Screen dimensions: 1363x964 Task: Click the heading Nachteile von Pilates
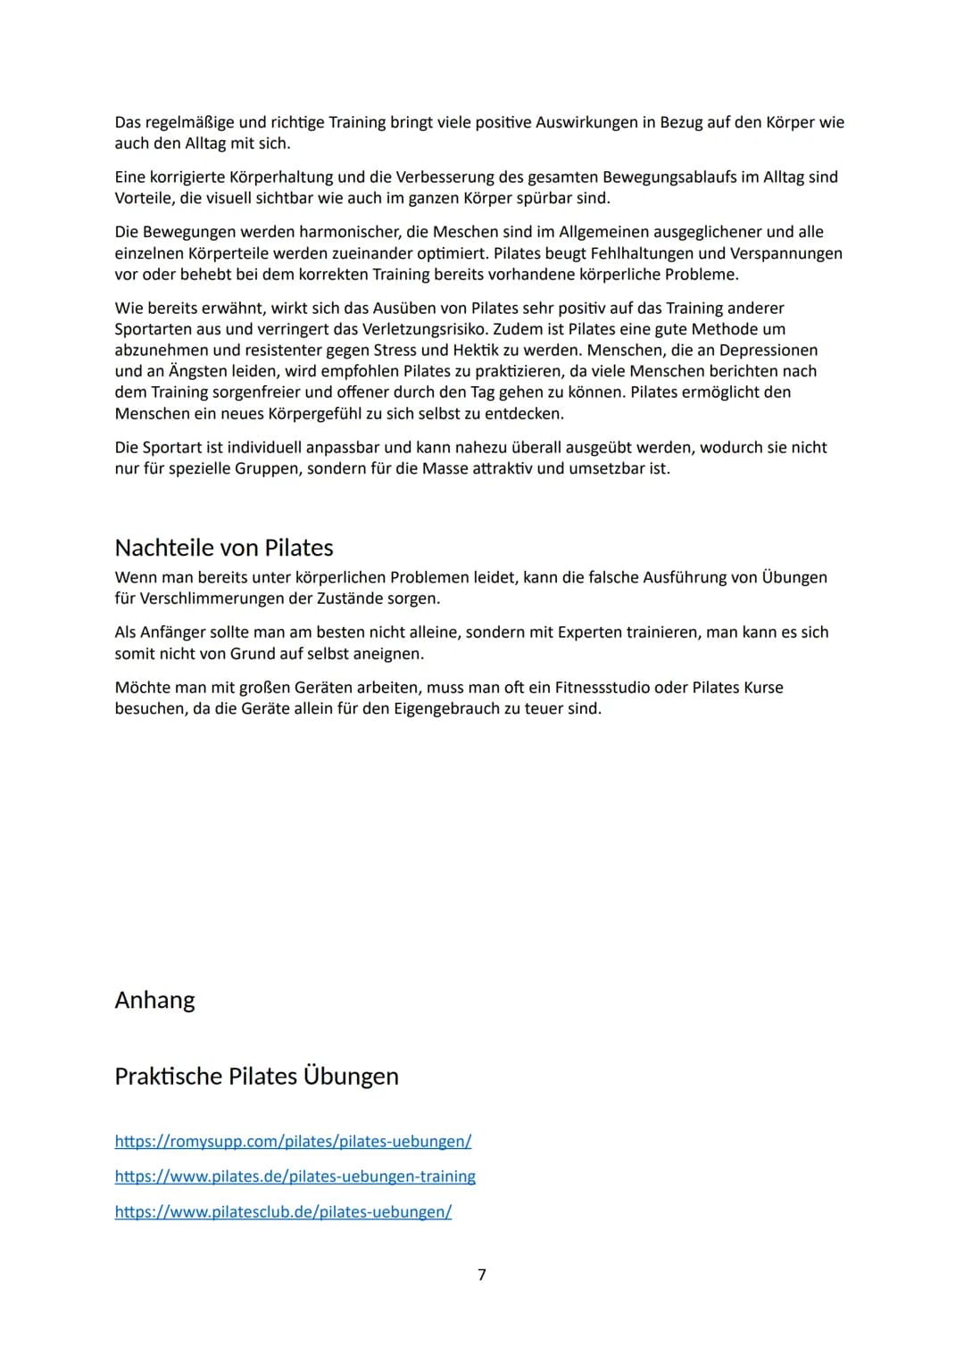click(223, 548)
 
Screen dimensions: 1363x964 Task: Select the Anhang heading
click(154, 1000)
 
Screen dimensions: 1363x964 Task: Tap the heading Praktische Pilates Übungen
click(256, 1076)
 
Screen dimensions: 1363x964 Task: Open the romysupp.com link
click(293, 1141)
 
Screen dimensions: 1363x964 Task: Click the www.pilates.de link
click(295, 1176)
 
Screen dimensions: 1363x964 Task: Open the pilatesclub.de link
click(283, 1211)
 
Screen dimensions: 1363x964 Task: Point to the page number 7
click(482, 1275)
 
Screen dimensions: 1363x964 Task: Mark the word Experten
click(591, 632)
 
